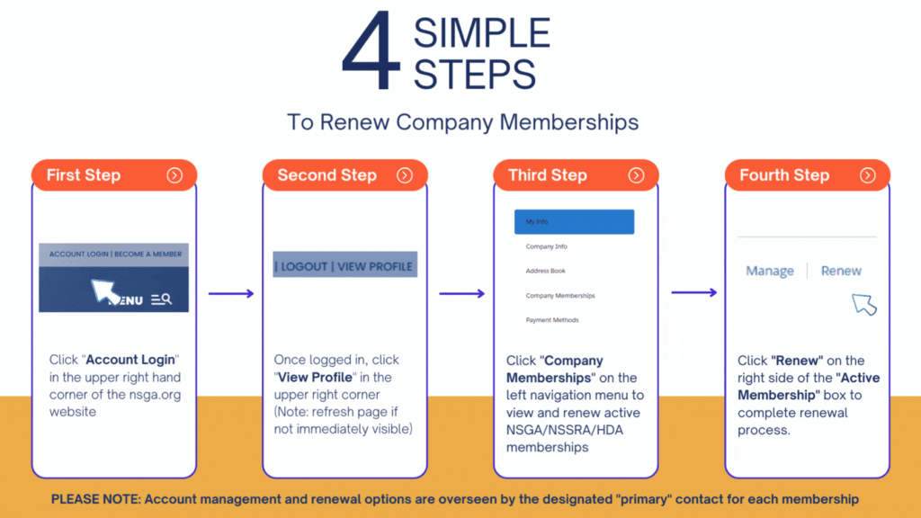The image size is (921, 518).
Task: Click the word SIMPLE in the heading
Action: (x=481, y=34)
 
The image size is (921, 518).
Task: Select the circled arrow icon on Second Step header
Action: (x=405, y=175)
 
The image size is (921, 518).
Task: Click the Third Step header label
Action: (x=548, y=175)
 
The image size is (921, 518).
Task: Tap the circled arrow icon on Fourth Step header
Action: (x=868, y=175)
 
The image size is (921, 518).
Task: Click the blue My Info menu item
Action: (x=574, y=222)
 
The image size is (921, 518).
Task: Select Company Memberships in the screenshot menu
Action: (x=560, y=296)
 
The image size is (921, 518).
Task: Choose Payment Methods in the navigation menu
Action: (x=552, y=320)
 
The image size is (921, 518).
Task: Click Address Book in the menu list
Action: (x=546, y=271)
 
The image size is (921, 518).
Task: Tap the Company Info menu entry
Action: (x=547, y=246)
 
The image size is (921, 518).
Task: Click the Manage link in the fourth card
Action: (x=770, y=271)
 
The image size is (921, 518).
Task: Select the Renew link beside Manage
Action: (x=841, y=271)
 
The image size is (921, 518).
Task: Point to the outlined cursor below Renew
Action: (x=863, y=304)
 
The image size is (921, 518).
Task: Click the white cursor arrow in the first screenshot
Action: (x=105, y=291)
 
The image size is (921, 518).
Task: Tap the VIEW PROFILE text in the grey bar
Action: (x=375, y=266)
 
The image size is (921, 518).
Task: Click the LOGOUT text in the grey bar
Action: (x=304, y=266)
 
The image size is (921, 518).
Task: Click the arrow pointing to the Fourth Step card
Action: (x=693, y=292)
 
